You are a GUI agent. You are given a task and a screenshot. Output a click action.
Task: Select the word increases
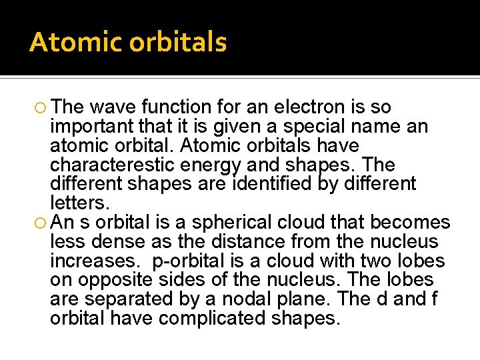click(x=92, y=261)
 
